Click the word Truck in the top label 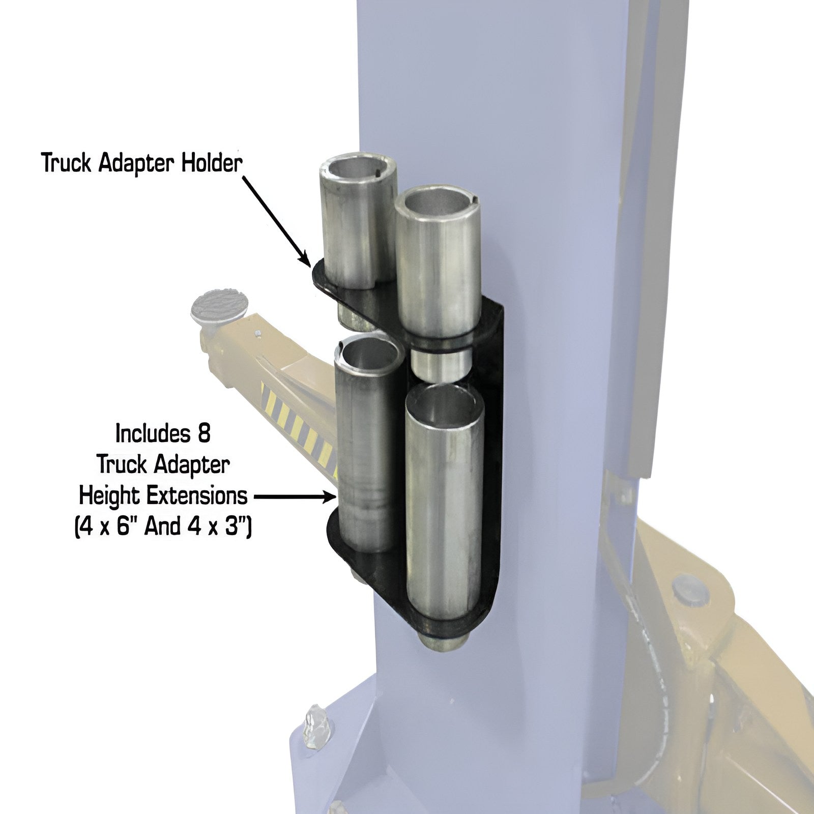(x=66, y=164)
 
